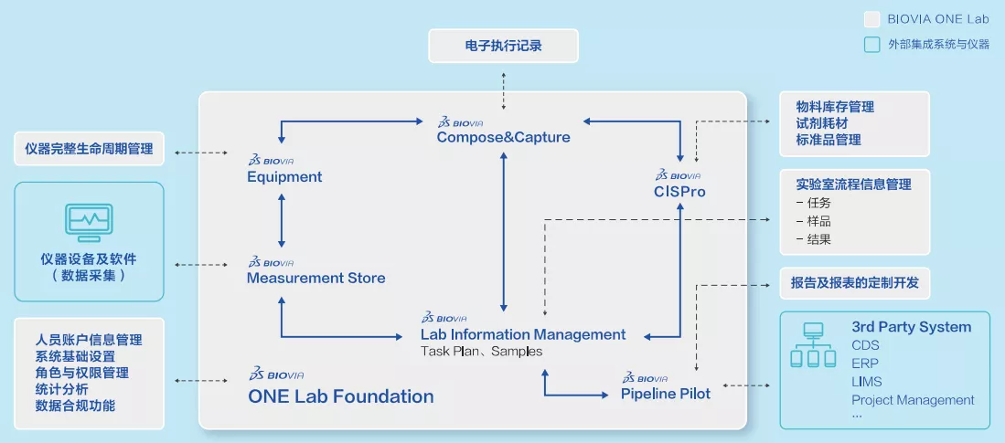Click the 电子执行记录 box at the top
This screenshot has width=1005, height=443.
point(503,46)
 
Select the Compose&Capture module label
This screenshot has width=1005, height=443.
point(503,137)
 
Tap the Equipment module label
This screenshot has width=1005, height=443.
point(284,176)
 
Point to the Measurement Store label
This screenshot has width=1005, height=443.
point(316,278)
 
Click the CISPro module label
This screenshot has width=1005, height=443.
point(680,192)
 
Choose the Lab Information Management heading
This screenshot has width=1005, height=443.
point(523,334)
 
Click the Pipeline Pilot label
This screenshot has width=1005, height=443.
point(666,393)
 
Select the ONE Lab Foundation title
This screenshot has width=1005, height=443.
point(341,396)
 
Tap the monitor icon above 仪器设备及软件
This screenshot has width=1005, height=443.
point(89,222)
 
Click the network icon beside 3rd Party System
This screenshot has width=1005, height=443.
point(813,345)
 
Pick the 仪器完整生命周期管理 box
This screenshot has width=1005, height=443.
point(89,149)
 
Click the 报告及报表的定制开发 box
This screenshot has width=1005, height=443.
point(854,283)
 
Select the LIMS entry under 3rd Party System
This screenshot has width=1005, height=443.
point(867,382)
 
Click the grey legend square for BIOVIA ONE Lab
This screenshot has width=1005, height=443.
point(871,19)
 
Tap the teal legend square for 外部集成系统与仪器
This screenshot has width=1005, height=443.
point(871,44)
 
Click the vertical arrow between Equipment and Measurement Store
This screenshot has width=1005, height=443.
point(282,221)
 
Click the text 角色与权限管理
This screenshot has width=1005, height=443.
point(82,373)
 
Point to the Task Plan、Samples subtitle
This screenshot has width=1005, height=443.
point(481,352)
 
